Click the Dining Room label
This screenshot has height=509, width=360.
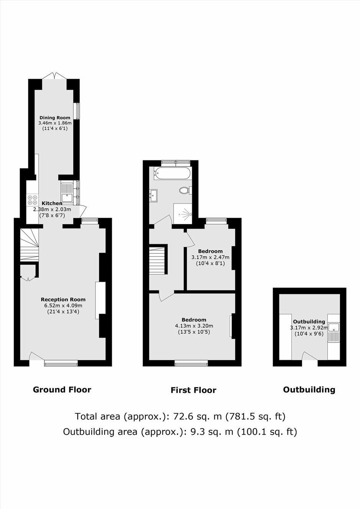tap(55, 117)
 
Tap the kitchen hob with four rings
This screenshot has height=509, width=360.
tap(32, 200)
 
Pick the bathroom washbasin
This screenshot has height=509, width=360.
tap(154, 195)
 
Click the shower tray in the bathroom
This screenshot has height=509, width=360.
tap(183, 214)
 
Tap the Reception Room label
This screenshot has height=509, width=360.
tap(63, 300)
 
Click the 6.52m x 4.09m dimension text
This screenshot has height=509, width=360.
tap(63, 306)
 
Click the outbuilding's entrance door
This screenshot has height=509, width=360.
tap(309, 356)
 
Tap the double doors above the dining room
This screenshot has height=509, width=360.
tap(54, 76)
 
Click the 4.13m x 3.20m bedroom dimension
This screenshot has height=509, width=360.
tap(194, 326)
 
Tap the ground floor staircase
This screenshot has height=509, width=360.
tap(29, 245)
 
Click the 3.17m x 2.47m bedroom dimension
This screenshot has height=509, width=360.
tap(210, 258)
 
